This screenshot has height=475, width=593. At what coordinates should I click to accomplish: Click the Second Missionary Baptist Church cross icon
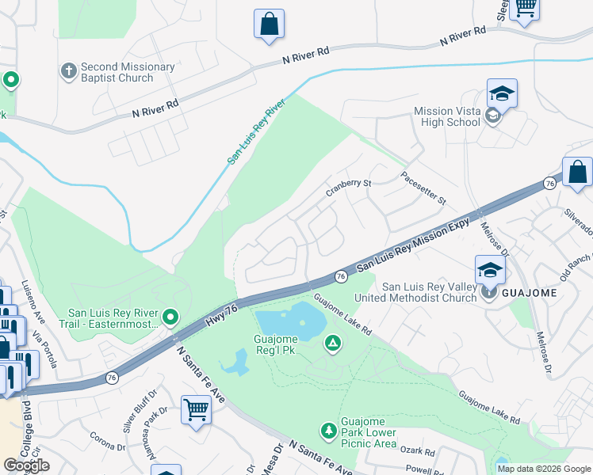[x=69, y=72]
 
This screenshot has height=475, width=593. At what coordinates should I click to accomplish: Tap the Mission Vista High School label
[x=446, y=116]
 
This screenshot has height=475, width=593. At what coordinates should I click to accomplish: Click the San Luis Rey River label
[x=256, y=132]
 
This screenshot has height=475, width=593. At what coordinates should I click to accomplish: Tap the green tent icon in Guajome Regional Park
[x=334, y=343]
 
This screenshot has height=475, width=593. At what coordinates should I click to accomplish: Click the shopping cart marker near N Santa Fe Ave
[x=196, y=410]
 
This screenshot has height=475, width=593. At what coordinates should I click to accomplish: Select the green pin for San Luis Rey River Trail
[x=170, y=317]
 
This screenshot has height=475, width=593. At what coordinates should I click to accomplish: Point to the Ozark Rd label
[x=418, y=452]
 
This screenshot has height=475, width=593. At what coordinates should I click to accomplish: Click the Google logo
[x=26, y=465]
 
